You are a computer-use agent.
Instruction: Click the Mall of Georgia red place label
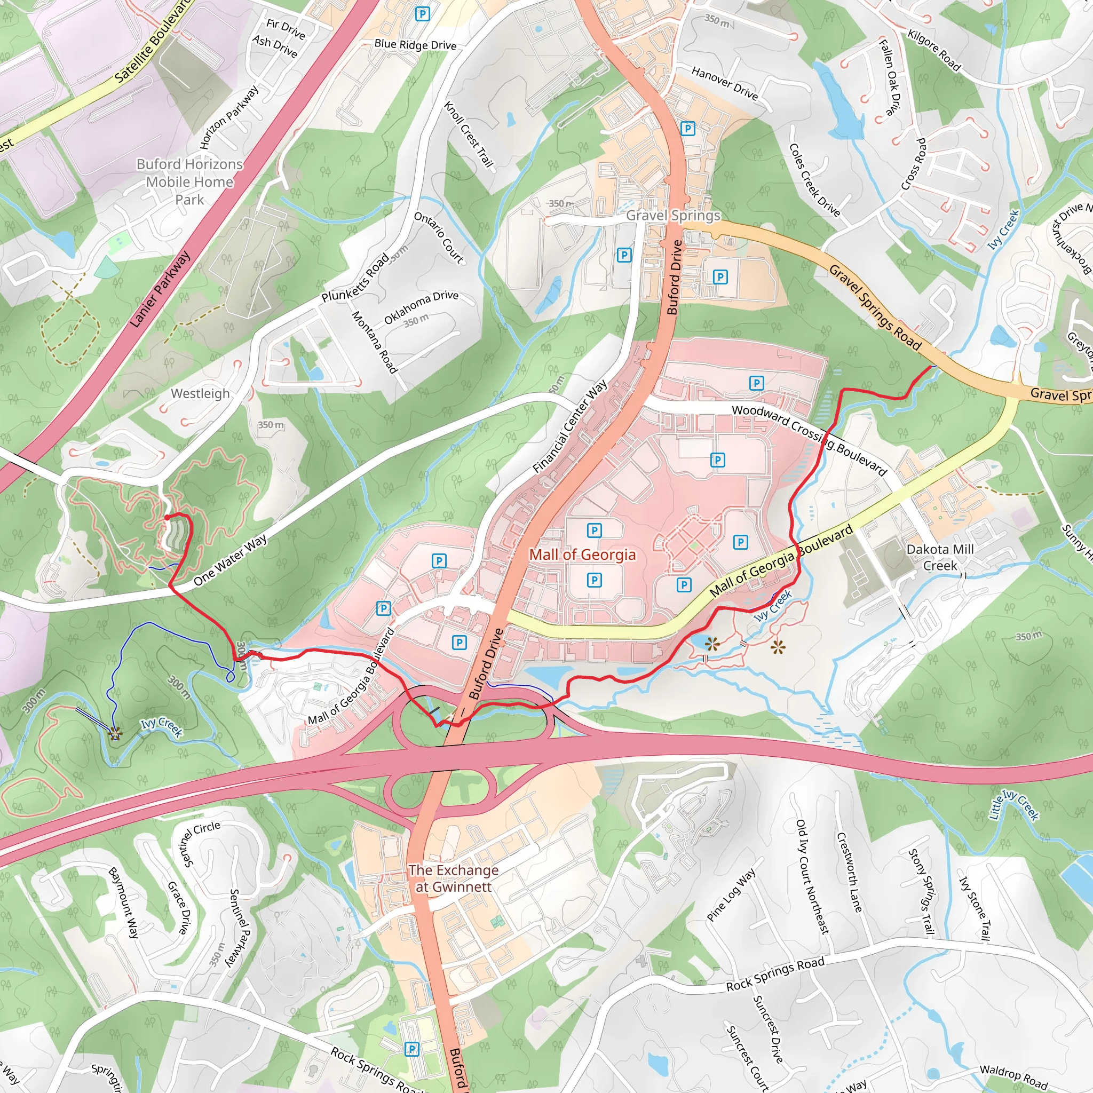[582, 555]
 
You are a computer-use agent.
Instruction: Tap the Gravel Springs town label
[672, 215]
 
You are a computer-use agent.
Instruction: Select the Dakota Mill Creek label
[940, 557]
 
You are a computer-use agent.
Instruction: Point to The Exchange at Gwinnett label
[454, 878]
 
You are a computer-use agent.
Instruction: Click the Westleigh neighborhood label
[200, 393]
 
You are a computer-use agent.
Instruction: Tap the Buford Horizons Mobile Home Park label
[189, 181]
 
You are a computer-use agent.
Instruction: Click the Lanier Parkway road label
[160, 289]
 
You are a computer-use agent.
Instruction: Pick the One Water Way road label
[230, 560]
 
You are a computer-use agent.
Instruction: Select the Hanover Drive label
[724, 83]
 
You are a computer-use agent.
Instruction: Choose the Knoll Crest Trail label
[469, 134]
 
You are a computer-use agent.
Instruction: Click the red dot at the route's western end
[168, 517]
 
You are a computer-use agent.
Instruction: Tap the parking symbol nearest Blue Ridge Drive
[422, 13]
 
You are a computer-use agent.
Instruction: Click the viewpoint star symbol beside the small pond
[712, 643]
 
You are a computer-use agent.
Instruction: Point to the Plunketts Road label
[355, 278]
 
